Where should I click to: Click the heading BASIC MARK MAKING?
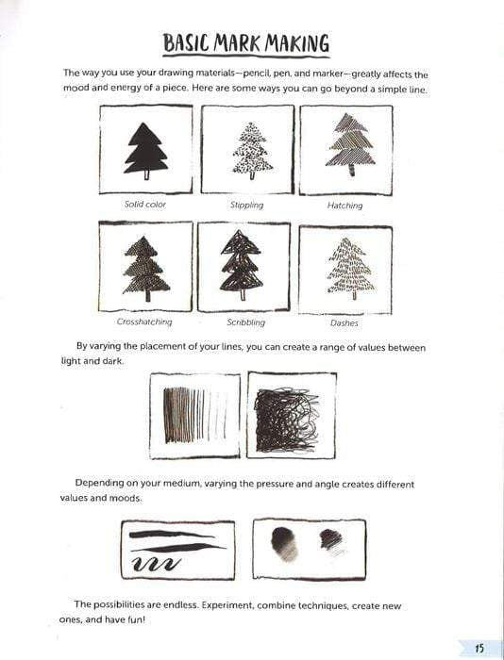point(245,43)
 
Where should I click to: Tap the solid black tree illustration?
point(146,149)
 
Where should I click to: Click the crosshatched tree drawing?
point(145,267)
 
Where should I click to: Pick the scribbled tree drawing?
point(242,265)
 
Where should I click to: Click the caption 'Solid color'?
point(145,205)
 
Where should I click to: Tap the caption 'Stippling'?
point(247,205)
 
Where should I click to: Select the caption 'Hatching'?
point(345,205)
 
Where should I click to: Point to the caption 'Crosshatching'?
point(145,322)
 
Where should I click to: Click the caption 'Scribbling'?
point(245,322)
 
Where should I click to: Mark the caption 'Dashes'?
point(345,322)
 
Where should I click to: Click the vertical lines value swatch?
point(195,415)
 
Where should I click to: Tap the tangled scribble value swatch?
point(292,415)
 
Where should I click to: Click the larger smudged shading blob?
point(282,543)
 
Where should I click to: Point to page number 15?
point(479,646)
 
